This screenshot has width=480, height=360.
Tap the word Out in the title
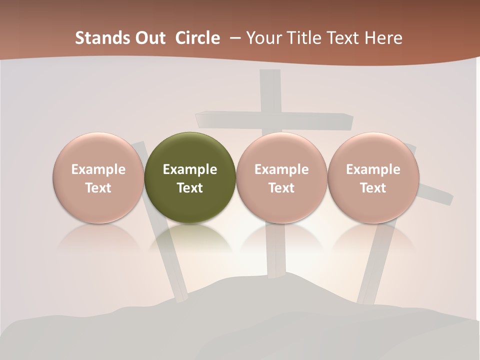point(148,38)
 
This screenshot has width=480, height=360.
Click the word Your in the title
point(264,38)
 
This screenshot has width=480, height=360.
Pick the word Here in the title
point(383,38)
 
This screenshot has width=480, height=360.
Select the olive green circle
point(189,177)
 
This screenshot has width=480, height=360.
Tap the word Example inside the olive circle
point(190,169)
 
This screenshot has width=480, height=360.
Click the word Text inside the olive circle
point(190,188)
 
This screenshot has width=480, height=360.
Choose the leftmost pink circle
point(98,177)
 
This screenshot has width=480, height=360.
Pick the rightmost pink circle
point(373,177)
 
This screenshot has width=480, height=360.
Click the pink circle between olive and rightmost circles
point(281,177)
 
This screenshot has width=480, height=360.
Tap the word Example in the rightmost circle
point(373,169)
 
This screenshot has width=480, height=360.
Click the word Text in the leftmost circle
point(98,188)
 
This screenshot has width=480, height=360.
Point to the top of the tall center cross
point(270,75)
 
